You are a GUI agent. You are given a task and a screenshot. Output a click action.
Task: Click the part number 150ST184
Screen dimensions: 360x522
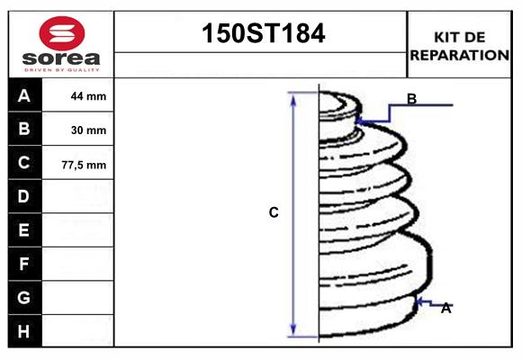(261, 34)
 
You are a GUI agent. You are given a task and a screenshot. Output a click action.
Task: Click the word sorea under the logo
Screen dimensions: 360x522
(61, 58)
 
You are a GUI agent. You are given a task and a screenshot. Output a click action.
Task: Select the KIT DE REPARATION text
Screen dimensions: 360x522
(459, 45)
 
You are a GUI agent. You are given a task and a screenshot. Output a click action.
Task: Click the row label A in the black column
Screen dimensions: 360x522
(24, 96)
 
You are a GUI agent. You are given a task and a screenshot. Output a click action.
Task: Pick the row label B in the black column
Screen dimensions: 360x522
(24, 130)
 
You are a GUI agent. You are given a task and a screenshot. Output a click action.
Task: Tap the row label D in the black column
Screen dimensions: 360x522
(24, 196)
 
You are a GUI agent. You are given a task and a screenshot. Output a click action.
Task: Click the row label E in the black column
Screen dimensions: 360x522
(24, 230)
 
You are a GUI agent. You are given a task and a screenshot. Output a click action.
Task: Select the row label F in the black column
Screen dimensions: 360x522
(24, 264)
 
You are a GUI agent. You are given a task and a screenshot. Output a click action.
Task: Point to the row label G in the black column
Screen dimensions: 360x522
(24, 297)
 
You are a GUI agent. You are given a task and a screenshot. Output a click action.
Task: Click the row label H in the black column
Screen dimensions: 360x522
(24, 331)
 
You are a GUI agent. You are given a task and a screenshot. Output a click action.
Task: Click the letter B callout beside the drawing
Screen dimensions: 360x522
(411, 99)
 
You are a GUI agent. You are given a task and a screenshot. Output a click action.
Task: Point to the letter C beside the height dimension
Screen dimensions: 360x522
(274, 212)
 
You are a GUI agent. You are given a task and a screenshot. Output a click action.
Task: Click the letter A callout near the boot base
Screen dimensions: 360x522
(445, 309)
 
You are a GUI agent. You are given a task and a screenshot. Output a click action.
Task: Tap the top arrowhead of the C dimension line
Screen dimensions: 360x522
(292, 96)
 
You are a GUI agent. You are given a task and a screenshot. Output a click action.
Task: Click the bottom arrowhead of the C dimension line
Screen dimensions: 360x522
(292, 329)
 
